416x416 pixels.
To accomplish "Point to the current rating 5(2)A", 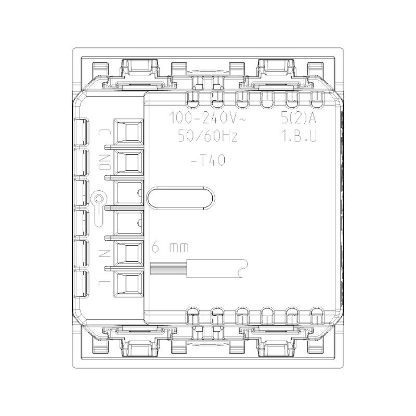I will [297, 118].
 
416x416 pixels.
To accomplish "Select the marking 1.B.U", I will [297, 137].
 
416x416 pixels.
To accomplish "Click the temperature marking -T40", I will [207, 161].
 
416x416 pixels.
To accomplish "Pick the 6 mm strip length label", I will [170, 248].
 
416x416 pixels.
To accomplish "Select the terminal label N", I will [102, 253].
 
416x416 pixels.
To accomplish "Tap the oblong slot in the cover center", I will [180, 199].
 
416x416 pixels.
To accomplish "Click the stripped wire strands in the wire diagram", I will [161, 269].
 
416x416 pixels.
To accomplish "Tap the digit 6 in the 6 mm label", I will [155, 248].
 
